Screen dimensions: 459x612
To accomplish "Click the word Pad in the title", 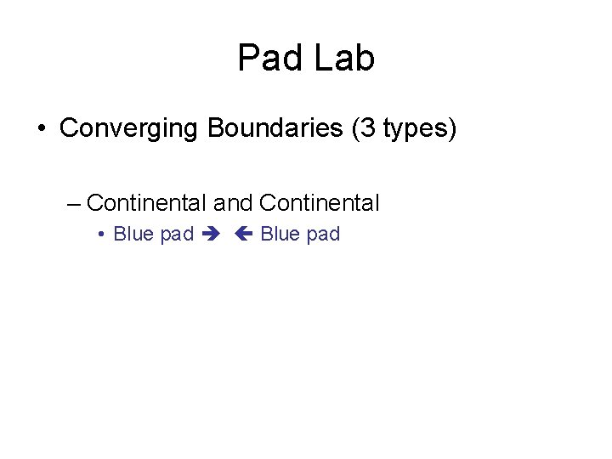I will click(x=266, y=59).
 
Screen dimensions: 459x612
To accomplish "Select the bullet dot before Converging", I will click(x=42, y=130).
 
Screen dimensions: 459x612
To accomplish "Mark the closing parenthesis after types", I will click(x=453, y=130).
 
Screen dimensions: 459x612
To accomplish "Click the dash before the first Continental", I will click(x=72, y=203).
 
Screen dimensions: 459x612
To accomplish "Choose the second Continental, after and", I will click(x=319, y=203).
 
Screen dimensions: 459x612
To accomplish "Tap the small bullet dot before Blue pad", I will click(x=101, y=235).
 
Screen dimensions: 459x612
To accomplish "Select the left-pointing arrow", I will click(x=244, y=235).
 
